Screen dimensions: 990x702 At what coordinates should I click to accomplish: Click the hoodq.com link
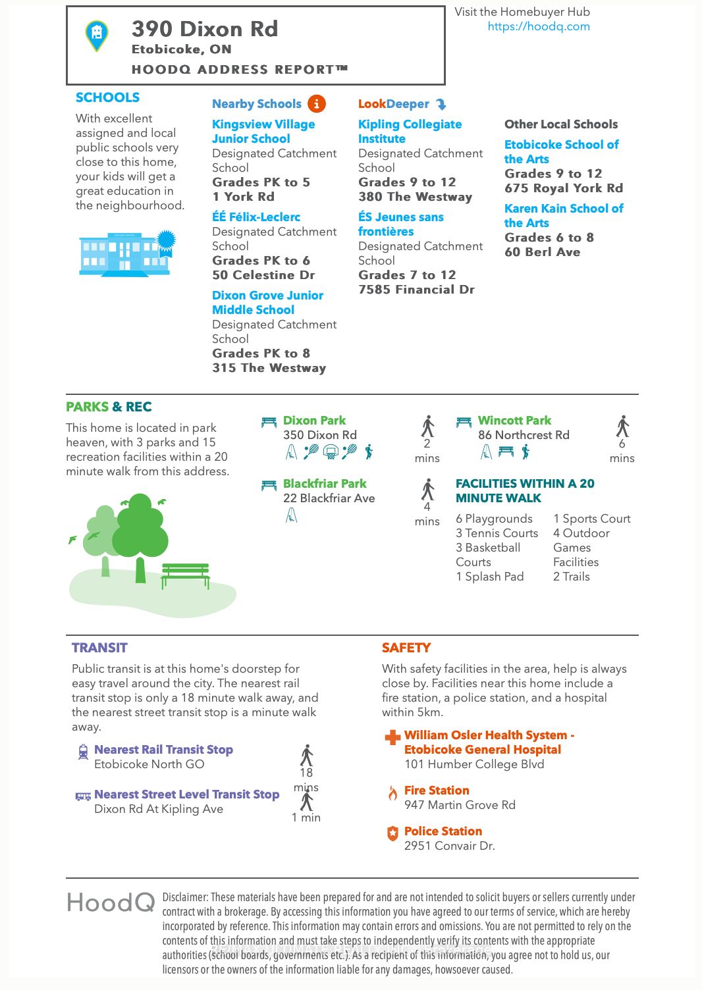538,26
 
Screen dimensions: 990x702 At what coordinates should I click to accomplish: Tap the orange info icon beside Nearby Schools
317,104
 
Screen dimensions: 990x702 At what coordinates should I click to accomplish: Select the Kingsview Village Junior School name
263,132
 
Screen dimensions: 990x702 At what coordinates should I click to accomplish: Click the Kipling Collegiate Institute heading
410,132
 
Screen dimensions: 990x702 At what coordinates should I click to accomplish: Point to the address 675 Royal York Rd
563,188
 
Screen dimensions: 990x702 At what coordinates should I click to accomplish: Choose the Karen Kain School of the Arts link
563,215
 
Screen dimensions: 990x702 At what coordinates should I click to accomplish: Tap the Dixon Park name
314,421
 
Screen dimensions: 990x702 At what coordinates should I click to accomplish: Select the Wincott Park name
514,421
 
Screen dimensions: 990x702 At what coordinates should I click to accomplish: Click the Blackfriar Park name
325,484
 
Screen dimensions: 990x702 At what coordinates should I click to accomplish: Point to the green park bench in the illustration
186,574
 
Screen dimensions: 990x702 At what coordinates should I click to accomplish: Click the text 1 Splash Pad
489,577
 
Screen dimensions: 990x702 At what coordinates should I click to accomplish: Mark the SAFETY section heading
406,648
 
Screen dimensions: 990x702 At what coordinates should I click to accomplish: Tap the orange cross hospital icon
392,737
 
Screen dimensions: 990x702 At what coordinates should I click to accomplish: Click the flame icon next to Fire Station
392,793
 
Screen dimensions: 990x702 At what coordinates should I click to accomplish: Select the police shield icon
392,833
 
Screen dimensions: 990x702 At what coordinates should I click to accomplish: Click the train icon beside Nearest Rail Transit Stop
83,752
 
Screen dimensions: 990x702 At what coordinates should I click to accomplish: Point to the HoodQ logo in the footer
111,902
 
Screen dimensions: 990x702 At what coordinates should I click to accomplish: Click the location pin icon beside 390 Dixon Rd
97,35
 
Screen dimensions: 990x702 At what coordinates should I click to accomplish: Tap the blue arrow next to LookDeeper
441,104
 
